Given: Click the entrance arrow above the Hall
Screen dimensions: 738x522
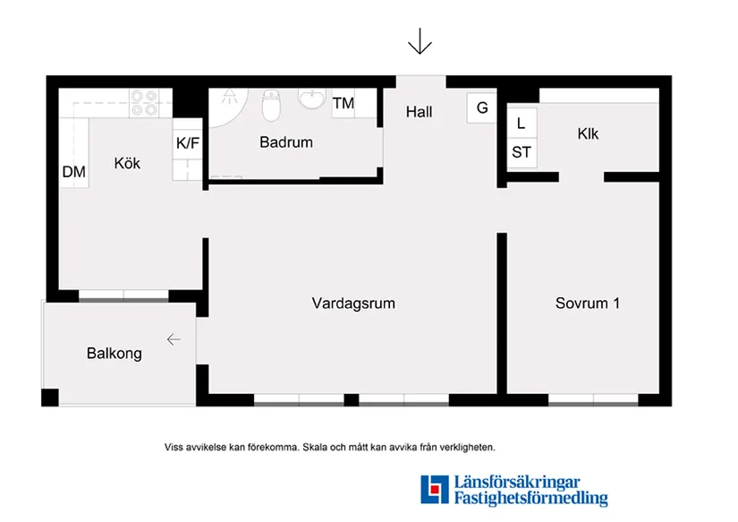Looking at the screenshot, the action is tap(420, 41).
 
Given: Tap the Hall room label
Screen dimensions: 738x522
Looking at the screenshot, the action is tap(419, 112).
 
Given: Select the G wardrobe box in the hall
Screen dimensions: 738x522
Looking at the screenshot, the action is tap(481, 107).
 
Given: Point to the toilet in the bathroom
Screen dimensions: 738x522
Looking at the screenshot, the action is tap(271, 105).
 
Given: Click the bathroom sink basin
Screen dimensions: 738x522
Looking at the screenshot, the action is tap(311, 98).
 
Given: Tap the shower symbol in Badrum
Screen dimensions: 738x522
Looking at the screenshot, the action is tap(230, 96).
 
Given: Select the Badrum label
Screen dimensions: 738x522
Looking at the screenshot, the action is tap(286, 141).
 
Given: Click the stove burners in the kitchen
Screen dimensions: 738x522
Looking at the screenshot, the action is tap(144, 103).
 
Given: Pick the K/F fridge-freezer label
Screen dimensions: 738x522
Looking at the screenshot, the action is tap(187, 142).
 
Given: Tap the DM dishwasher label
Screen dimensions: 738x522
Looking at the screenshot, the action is tap(74, 172).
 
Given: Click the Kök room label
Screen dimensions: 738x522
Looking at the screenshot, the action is tap(127, 163).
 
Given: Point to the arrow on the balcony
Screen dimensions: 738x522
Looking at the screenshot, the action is tap(174, 339).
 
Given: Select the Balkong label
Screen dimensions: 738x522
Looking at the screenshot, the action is tap(115, 354).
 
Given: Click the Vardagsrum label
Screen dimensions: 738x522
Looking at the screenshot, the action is tap(353, 303).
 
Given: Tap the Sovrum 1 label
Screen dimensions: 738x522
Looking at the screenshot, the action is tap(588, 303).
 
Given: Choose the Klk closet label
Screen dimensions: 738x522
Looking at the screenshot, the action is tap(588, 133).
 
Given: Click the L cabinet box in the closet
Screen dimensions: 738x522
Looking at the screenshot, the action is tap(522, 123).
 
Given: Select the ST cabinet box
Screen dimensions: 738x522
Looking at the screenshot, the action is tap(522, 152).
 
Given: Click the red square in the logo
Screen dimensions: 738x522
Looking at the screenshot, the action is tap(435, 490).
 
